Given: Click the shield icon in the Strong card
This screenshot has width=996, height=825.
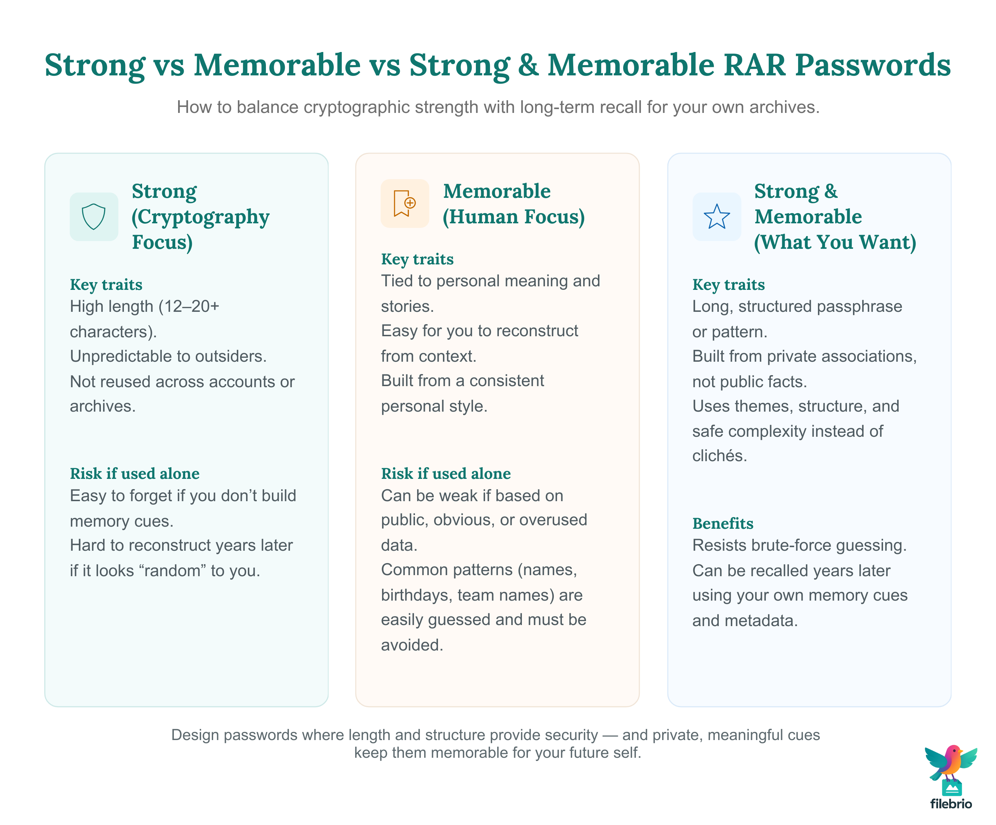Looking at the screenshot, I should click(93, 217).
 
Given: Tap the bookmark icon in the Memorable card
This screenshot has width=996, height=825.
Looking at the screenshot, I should click(405, 204).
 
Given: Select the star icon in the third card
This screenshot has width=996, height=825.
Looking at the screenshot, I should click(716, 217).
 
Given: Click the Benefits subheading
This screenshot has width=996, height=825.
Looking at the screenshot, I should click(722, 523).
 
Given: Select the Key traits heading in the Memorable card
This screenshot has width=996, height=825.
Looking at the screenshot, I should click(417, 259).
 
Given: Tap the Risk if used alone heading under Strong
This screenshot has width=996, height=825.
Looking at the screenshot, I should click(134, 474).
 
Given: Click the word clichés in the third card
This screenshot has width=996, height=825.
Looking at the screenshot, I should click(719, 456).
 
